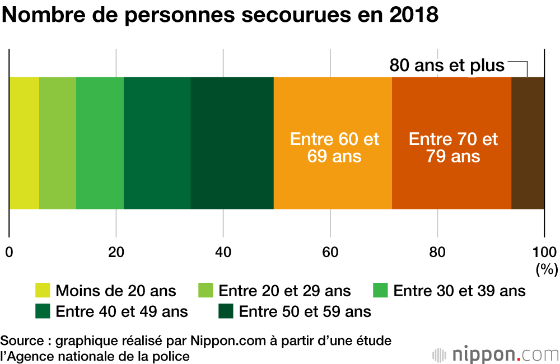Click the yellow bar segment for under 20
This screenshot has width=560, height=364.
(24, 143)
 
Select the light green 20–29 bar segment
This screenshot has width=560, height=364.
(58, 143)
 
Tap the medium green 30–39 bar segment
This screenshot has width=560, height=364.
(100, 143)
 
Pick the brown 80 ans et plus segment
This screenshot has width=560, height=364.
(528, 143)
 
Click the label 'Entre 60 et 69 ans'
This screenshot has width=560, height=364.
(334, 147)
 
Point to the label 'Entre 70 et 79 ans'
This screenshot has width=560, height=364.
(453, 147)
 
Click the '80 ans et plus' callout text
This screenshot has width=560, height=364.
(447, 66)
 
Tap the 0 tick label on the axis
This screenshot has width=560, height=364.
(9, 251)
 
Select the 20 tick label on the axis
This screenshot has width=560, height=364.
(116, 251)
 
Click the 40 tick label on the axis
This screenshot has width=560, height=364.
(223, 251)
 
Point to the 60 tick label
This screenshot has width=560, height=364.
(330, 251)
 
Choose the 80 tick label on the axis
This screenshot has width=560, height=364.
(437, 251)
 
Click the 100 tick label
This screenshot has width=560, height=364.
(544, 251)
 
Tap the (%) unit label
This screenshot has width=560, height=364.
(547, 269)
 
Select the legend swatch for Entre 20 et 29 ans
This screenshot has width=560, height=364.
(206, 291)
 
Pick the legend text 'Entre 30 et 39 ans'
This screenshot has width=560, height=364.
(459, 291)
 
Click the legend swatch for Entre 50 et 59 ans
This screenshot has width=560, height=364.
(226, 311)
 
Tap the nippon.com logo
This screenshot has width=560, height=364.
(496, 354)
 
